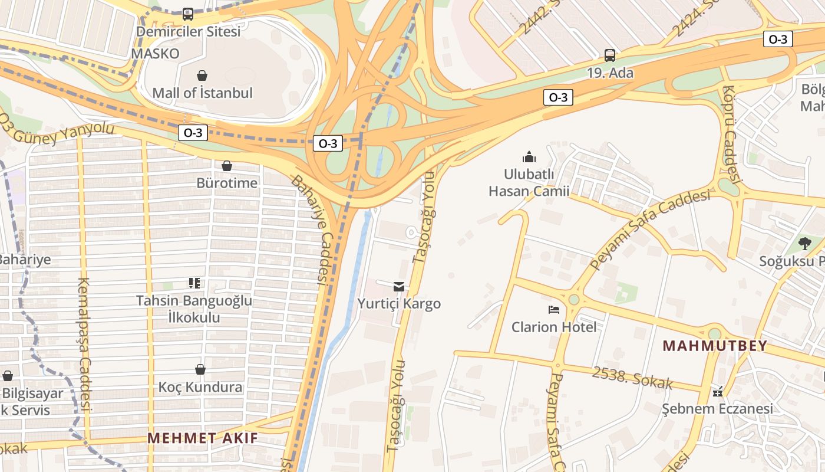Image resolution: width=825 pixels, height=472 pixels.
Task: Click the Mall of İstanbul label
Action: tap(202, 93)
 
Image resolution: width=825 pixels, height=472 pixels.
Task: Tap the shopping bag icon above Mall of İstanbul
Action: tap(202, 76)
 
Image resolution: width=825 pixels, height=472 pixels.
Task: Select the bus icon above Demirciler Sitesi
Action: tap(188, 14)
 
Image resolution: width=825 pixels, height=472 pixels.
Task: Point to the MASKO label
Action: tap(155, 53)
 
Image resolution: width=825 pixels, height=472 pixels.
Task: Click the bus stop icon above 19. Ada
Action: tap(610, 55)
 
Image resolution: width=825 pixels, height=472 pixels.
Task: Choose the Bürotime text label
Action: tap(227, 183)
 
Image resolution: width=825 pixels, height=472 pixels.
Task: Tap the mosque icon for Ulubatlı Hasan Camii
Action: tap(529, 157)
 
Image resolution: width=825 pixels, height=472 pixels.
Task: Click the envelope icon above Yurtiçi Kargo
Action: tap(399, 287)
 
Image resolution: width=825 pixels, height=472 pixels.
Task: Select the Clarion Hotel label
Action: tap(554, 327)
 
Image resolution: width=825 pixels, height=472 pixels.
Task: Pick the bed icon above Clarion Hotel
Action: tap(554, 309)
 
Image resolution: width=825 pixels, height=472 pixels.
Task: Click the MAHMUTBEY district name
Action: tap(715, 346)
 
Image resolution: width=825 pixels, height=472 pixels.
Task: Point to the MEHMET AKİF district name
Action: tap(203, 438)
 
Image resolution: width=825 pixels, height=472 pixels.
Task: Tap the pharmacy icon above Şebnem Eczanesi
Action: tap(717, 391)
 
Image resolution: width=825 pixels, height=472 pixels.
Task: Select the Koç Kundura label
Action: tap(200, 387)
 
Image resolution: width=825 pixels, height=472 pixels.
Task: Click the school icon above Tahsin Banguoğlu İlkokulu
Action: tap(194, 283)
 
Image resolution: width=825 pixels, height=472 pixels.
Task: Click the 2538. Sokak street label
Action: tap(632, 378)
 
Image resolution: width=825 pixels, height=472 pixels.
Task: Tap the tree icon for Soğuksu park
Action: tap(804, 243)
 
